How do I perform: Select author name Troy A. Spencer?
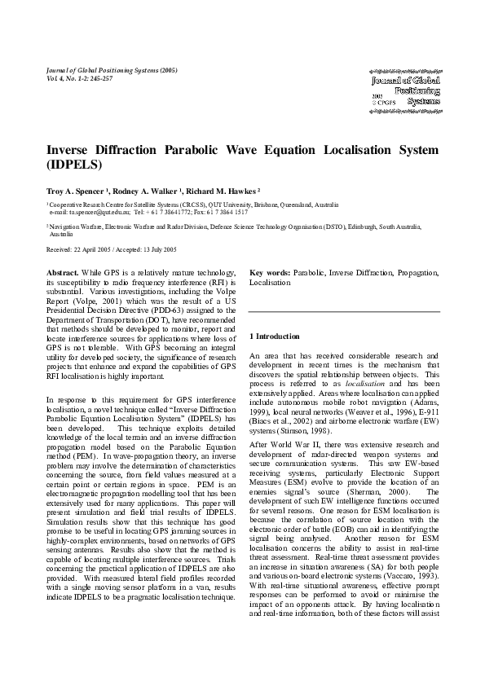click(x=77, y=187)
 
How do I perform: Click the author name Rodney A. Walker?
click(x=148, y=187)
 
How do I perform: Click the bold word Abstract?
click(x=63, y=270)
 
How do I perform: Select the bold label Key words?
click(x=268, y=270)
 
